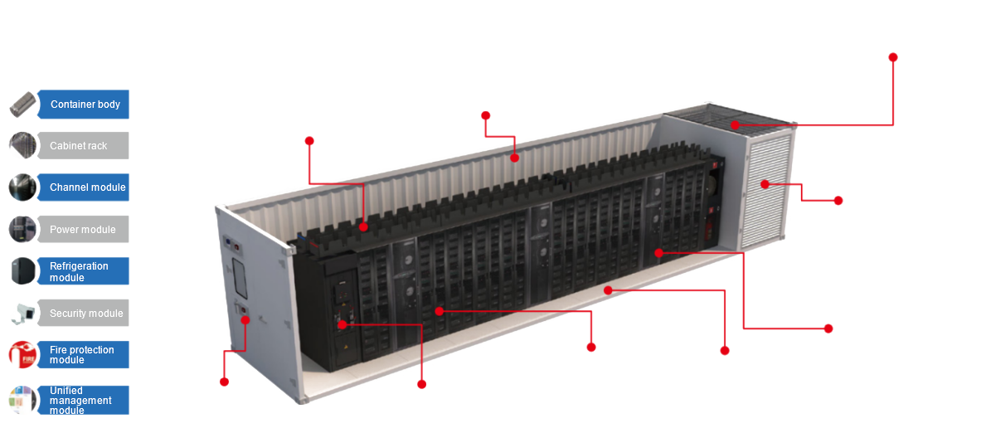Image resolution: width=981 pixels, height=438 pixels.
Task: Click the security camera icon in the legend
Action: (22, 313)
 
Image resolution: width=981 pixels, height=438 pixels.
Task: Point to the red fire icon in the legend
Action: (22, 355)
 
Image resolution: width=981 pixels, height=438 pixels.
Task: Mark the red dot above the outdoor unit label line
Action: (893, 57)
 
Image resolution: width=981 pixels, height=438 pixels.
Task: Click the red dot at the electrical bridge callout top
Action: (309, 141)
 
